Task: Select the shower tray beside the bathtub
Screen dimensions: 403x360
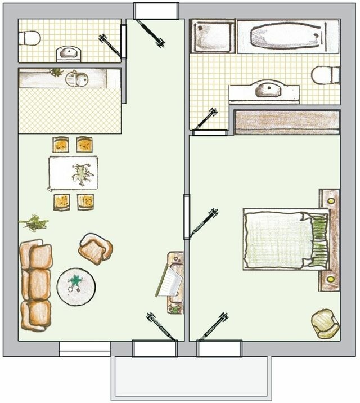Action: pos(212,37)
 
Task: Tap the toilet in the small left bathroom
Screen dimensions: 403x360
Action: pos(29,38)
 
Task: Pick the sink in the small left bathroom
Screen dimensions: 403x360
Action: pos(69,53)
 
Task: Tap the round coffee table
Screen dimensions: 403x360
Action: pos(76,285)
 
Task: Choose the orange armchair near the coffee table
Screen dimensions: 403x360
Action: pos(95,248)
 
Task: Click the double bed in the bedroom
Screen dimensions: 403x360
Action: pos(285,239)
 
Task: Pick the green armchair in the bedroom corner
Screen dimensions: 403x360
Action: pos(325,323)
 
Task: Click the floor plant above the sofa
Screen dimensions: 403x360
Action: pos(34,223)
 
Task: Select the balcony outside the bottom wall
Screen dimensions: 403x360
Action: pos(191,377)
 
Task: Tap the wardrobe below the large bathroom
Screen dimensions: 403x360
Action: pos(287,122)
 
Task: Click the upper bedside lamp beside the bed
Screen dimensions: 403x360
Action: pos(331,200)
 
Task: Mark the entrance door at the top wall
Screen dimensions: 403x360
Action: pos(156,10)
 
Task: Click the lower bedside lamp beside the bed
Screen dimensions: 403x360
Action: pos(331,278)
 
